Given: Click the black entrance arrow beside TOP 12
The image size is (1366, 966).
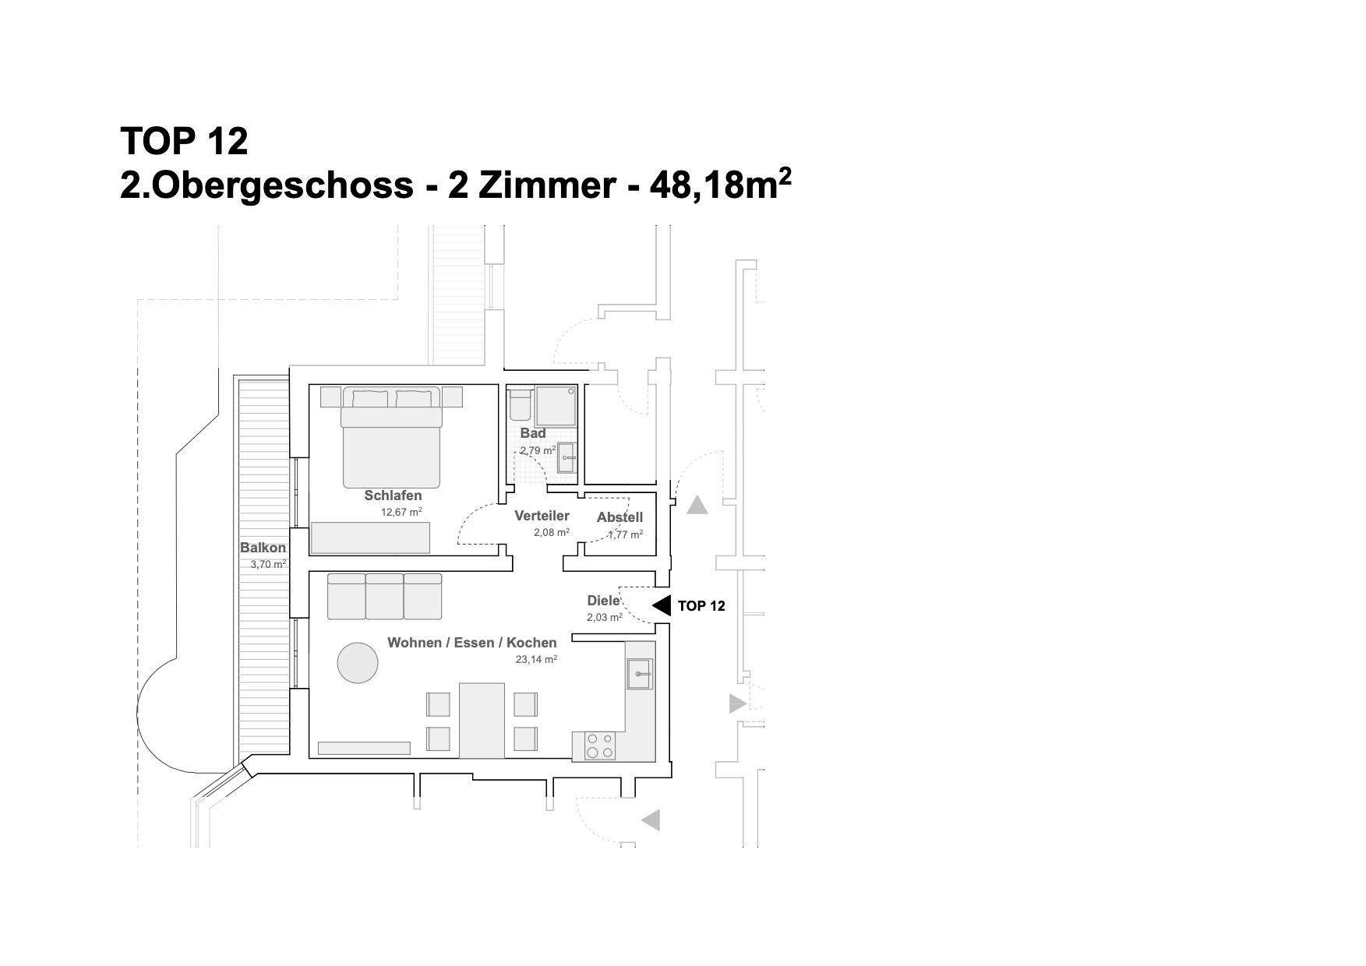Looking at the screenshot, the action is tap(661, 605).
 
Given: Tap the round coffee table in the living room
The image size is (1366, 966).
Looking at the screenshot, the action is tap(358, 662).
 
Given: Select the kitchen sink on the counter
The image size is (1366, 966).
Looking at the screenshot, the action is tap(640, 674).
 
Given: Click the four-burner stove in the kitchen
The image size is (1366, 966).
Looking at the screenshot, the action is tap(600, 746).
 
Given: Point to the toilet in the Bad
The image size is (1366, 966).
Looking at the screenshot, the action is tap(520, 404).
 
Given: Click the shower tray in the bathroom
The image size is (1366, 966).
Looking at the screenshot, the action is tap(555, 406).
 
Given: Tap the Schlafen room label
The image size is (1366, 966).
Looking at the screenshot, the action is tap(393, 495).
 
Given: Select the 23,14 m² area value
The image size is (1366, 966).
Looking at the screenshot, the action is tap(536, 659).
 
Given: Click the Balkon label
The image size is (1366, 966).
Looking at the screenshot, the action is tap(263, 548).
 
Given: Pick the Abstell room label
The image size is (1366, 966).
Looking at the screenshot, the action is tap(619, 517).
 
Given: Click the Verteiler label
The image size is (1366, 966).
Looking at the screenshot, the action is tap(542, 516).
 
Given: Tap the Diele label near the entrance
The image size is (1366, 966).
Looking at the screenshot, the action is tap(603, 601).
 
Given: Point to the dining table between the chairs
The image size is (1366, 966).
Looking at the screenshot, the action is tap(482, 721).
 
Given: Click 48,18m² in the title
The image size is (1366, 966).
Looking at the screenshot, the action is tap(719, 184).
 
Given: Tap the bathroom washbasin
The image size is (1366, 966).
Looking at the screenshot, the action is tap(567, 457).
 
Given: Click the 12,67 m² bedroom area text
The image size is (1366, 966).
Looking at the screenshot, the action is tap(401, 512).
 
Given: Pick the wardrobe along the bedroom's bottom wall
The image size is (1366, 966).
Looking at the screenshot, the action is tap(370, 538).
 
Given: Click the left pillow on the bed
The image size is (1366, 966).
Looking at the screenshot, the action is tap(370, 398).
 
